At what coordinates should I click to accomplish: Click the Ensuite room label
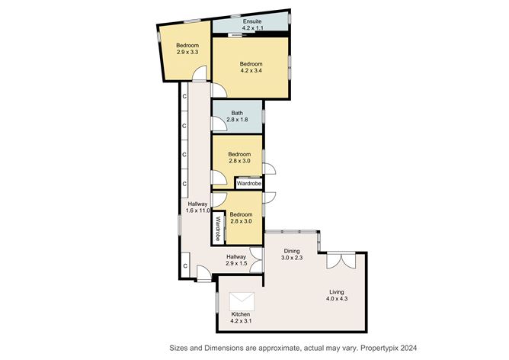[252, 21]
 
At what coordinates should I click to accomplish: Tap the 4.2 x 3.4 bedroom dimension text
[251, 70]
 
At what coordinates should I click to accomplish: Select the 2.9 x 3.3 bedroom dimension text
[187, 52]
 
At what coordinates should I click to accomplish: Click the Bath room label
[237, 113]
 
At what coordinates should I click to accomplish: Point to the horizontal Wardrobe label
[249, 184]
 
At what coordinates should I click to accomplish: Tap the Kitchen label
[241, 314]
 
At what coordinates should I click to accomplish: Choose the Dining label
[292, 251]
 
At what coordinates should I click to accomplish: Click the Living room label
[337, 292]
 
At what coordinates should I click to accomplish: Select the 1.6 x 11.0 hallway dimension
[198, 211]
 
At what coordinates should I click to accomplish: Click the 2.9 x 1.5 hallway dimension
[236, 263]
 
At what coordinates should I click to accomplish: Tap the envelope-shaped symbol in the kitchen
[242, 301]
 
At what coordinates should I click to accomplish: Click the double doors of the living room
[341, 260]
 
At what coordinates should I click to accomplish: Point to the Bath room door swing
[218, 124]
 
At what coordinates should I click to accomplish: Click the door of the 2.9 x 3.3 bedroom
[200, 73]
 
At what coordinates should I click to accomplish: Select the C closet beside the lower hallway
[185, 265]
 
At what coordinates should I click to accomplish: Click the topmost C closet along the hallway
[184, 97]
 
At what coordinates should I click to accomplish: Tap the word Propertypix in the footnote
[378, 348]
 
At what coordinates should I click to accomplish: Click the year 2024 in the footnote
[408, 348]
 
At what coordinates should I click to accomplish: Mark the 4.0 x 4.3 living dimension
[337, 299]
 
